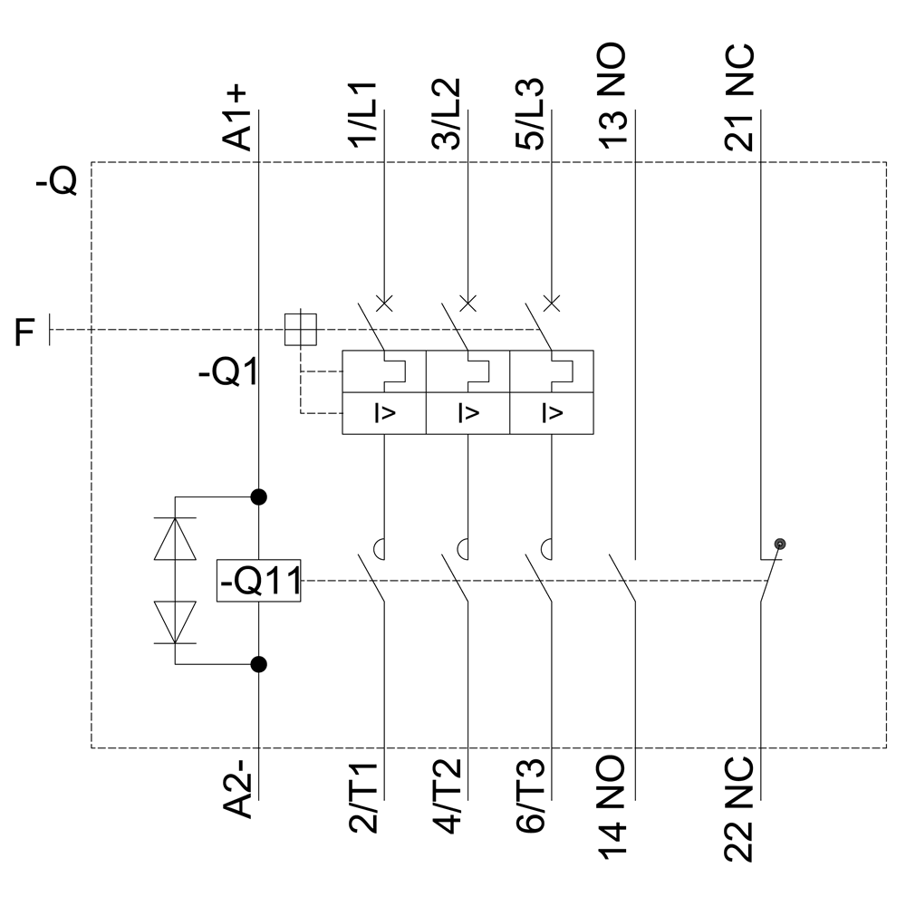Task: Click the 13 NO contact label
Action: tap(613, 91)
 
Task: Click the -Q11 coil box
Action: tap(259, 581)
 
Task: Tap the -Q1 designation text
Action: tap(228, 373)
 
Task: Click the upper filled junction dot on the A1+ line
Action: tap(259, 496)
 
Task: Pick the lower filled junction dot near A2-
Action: tap(259, 664)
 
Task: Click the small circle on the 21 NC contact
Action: tap(780, 544)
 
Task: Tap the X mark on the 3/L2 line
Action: tap(467, 303)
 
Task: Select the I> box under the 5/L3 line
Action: tap(551, 413)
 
